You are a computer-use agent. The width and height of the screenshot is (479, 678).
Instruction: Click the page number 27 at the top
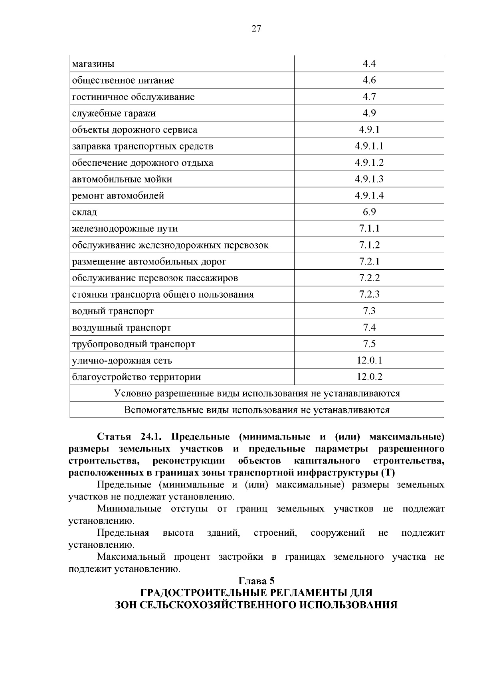tap(256, 29)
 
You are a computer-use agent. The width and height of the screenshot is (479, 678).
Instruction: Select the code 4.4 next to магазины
tap(369, 64)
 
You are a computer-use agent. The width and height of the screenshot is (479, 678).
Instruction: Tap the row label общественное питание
tap(123, 80)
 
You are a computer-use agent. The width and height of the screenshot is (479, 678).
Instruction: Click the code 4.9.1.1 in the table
tap(369, 146)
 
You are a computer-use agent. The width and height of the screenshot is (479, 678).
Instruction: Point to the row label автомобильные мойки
tap(122, 179)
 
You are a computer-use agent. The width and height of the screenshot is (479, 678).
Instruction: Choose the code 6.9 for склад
tap(369, 212)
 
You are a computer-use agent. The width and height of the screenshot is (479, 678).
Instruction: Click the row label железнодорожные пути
tap(125, 229)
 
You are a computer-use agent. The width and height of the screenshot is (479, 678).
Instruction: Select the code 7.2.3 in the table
tap(369, 295)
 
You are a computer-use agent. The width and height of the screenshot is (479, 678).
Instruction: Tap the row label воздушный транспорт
tap(121, 328)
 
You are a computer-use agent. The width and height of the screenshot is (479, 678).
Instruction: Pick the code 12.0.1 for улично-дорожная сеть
tap(369, 361)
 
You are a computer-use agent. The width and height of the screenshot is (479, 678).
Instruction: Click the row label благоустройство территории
tap(136, 377)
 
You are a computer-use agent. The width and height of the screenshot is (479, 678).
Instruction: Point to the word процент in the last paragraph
tap(192, 557)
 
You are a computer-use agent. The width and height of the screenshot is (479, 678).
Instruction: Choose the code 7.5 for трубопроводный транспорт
tap(369, 344)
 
